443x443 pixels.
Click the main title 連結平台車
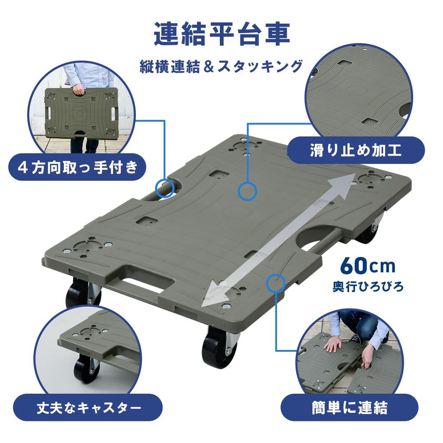coord(221,35)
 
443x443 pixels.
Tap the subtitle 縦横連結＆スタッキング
coord(221,67)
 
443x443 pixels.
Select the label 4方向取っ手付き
coord(77,167)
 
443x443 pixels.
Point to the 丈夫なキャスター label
coord(88,408)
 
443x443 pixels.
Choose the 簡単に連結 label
coord(350,408)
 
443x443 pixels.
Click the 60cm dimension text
coord(367,266)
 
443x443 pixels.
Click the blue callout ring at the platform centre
coord(248,191)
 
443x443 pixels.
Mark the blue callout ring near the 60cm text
coord(276,283)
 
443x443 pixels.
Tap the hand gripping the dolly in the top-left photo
coord(79,90)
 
